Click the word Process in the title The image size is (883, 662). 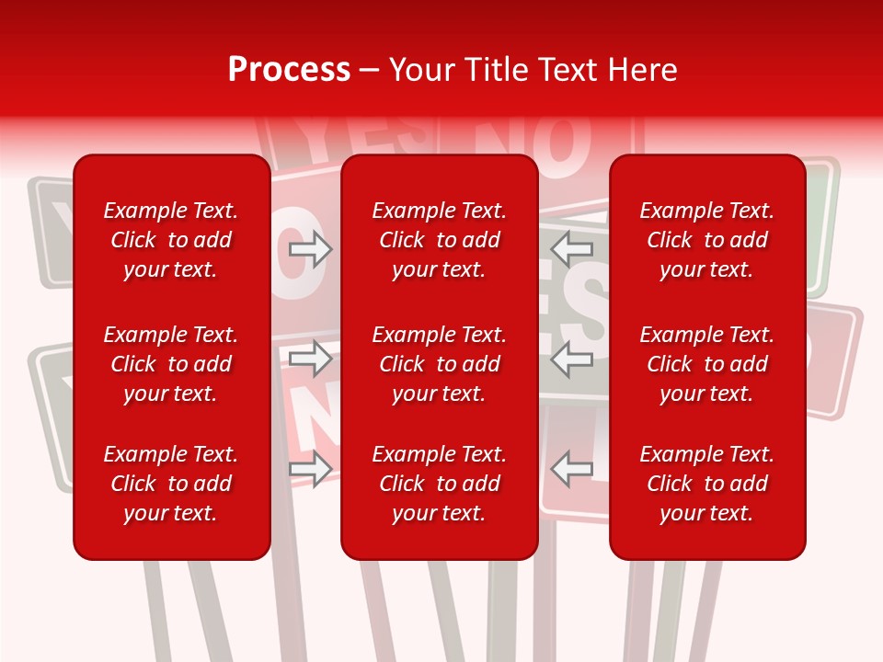point(289,70)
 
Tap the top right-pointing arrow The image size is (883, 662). point(311,249)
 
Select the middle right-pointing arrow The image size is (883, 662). point(311,359)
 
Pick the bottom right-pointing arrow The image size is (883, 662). point(311,469)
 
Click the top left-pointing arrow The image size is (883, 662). point(571,248)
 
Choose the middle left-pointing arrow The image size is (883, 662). point(571,359)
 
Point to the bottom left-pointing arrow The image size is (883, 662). point(571,469)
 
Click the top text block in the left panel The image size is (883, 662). point(171,240)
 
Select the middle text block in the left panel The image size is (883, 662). point(171,364)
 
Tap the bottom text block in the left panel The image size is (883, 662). point(171,484)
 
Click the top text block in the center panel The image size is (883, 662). point(439,240)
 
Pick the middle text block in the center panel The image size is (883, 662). point(439,364)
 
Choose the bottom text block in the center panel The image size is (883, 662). point(439,484)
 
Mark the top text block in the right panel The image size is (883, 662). point(706,240)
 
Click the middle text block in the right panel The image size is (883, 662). point(706,364)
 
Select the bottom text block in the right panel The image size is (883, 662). point(706,484)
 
